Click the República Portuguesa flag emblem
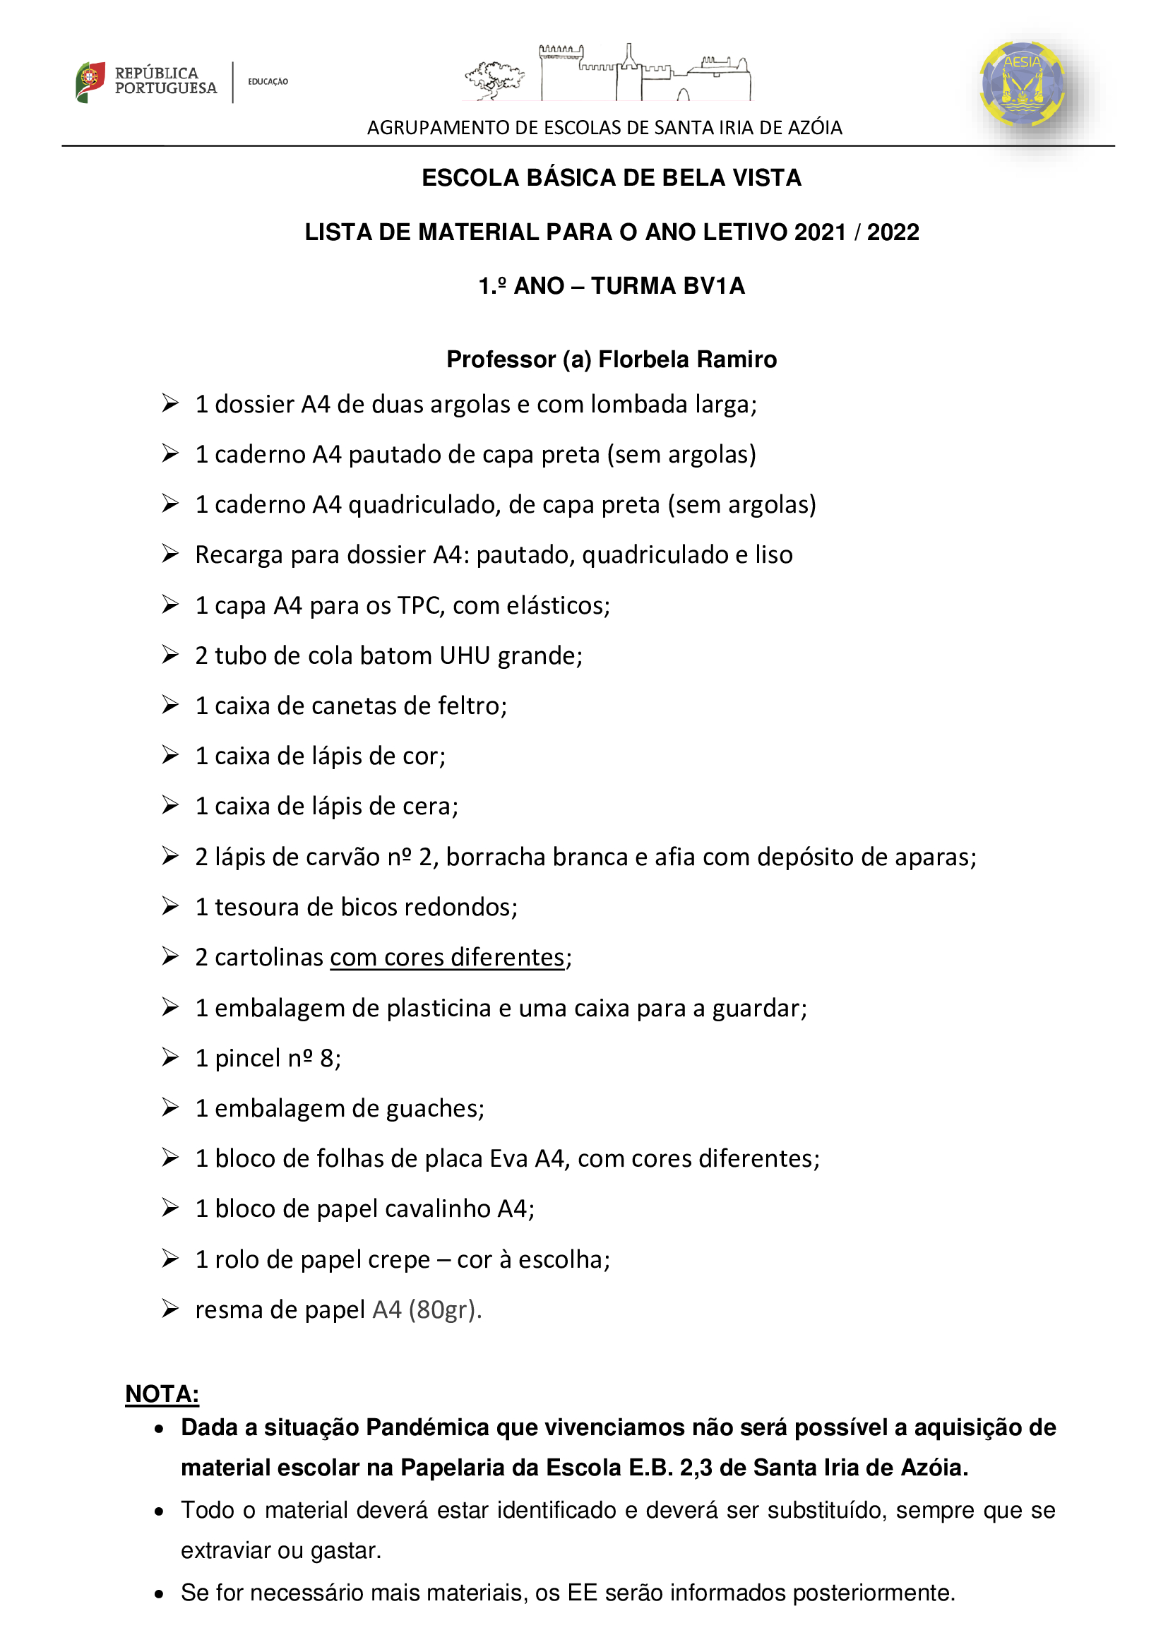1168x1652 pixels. point(90,81)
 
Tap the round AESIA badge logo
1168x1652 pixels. point(1022,83)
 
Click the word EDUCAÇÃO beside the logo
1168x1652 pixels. point(268,82)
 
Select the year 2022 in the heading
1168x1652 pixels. point(893,232)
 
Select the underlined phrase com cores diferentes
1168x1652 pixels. point(446,958)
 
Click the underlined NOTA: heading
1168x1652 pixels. point(162,1393)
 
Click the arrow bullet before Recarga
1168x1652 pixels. point(169,554)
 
